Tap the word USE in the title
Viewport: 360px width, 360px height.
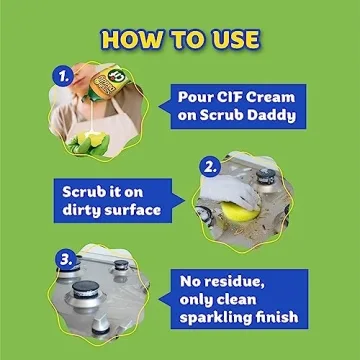231,40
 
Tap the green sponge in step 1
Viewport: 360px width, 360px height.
82,128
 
